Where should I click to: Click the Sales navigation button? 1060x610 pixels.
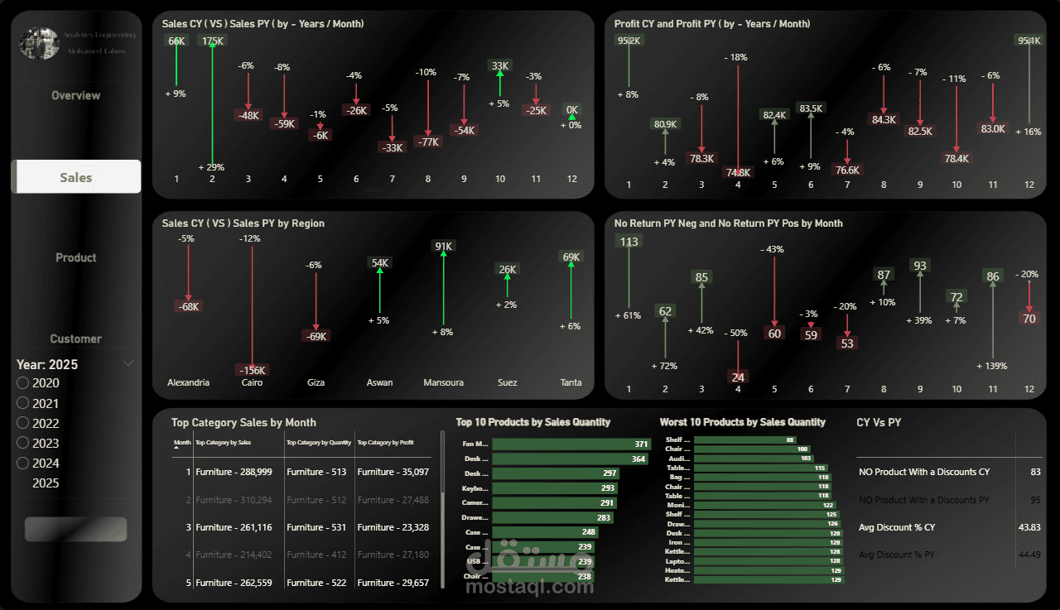pyautogui.click(x=76, y=177)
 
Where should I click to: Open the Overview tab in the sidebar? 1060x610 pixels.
pyautogui.click(x=76, y=95)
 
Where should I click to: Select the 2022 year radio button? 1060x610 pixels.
pyautogui.click(x=23, y=423)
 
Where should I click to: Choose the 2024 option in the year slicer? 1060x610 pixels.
pyautogui.click(x=23, y=463)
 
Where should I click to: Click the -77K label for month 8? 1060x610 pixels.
pyautogui.click(x=428, y=142)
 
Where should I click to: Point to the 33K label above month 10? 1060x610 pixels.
pyautogui.click(x=500, y=65)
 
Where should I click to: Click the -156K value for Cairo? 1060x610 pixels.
pyautogui.click(x=251, y=370)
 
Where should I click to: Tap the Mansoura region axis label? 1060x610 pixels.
pyautogui.click(x=443, y=382)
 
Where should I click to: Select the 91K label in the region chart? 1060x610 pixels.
pyautogui.click(x=443, y=246)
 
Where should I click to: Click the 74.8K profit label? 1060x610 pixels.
pyautogui.click(x=738, y=173)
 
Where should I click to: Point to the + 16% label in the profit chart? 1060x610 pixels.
pyautogui.click(x=1029, y=132)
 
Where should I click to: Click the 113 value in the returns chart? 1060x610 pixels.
pyautogui.click(x=629, y=242)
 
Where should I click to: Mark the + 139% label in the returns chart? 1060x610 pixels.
pyautogui.click(x=993, y=365)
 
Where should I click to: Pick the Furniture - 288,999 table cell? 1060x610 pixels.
pyautogui.click(x=234, y=472)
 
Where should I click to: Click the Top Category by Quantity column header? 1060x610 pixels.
pyautogui.click(x=319, y=443)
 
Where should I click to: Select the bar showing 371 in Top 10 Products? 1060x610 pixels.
pyautogui.click(x=571, y=444)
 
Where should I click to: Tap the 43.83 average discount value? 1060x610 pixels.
pyautogui.click(x=1030, y=527)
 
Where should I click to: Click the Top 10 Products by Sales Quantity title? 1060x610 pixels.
pyautogui.click(x=532, y=422)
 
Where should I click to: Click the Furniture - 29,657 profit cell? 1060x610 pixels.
pyautogui.click(x=393, y=583)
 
